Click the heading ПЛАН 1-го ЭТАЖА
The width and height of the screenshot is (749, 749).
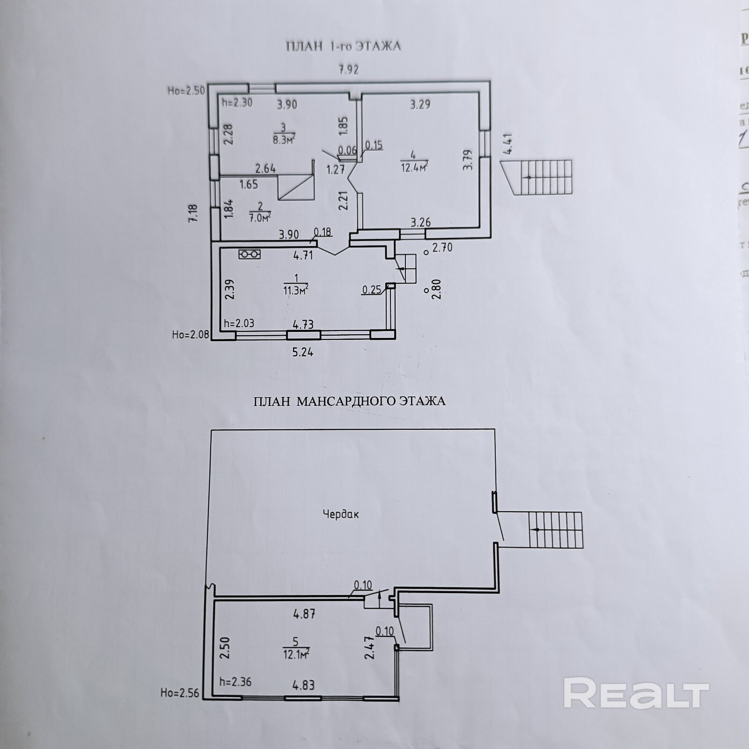(343, 46)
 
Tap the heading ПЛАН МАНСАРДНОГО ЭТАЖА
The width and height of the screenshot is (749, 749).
(349, 401)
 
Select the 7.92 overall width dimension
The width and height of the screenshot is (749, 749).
(348, 70)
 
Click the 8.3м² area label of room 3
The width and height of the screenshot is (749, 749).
(283, 139)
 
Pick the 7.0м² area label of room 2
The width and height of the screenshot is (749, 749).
(260, 217)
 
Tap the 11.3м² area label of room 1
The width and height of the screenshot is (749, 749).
(295, 290)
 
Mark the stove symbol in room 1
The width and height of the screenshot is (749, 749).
(250, 254)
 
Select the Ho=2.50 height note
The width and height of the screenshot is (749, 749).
(186, 91)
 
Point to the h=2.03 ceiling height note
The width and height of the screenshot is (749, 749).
(239, 323)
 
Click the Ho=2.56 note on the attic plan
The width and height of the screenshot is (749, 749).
(179, 693)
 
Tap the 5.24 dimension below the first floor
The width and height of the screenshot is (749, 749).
(302, 352)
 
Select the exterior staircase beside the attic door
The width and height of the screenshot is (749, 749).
(556, 530)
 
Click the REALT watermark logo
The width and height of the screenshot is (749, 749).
(636, 693)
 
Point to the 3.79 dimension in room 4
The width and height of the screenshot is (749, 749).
(468, 160)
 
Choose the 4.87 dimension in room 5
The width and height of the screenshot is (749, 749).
(304, 614)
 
